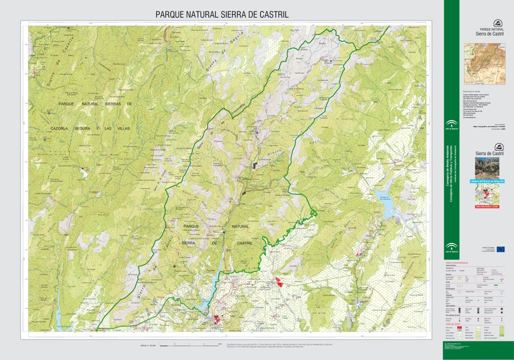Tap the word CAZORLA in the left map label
(x=62, y=129)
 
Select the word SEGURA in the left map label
(x=85, y=129)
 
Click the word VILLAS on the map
(x=120, y=129)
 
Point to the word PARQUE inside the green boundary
(x=193, y=227)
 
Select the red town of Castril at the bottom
(x=217, y=319)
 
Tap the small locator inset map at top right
(x=483, y=64)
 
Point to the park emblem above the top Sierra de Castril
(x=497, y=23)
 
